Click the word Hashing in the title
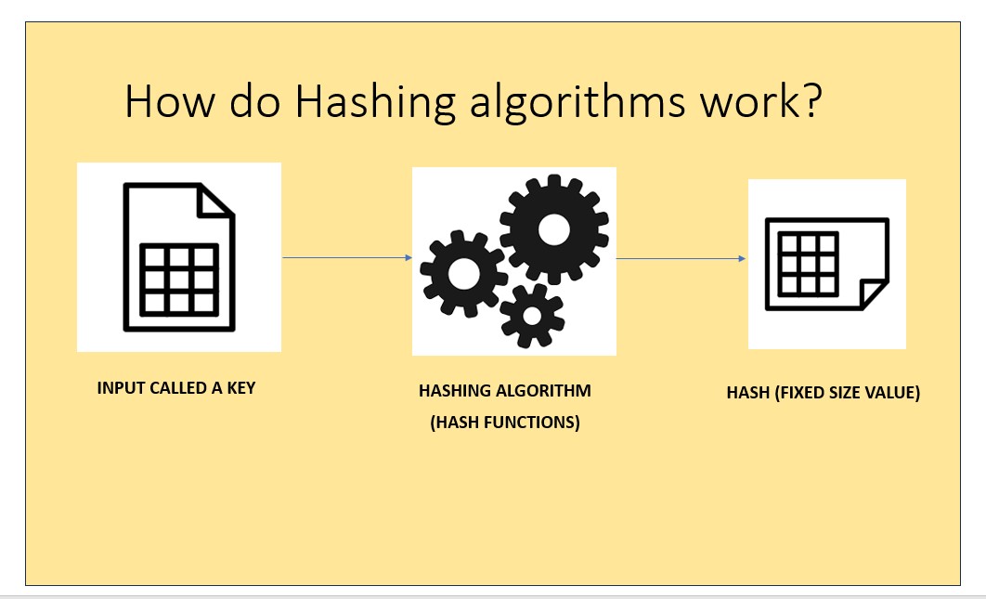click(375, 101)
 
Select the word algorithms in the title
click(577, 101)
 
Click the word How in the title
click(169, 100)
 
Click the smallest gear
click(532, 316)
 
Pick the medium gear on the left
click(464, 273)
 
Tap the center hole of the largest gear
click(554, 229)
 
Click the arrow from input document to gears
click(347, 257)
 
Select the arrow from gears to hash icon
click(681, 258)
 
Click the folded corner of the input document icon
click(215, 202)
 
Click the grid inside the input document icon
click(179, 280)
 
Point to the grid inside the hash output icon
click(808, 264)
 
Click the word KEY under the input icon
click(240, 387)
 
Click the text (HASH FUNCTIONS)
click(505, 422)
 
